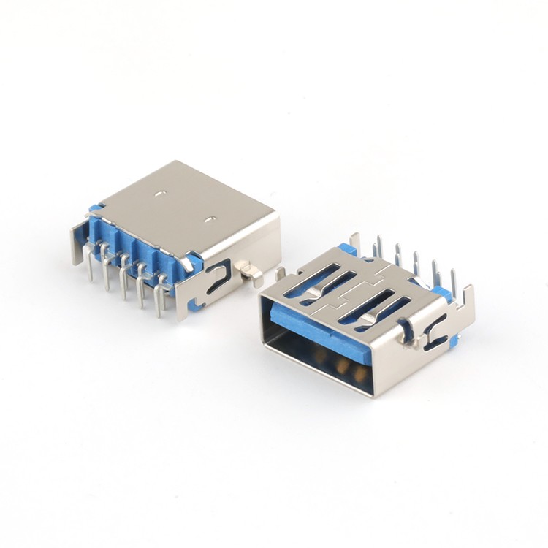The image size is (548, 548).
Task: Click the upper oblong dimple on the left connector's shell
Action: click(x=159, y=194)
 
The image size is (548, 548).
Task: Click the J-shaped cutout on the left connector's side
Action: click(x=217, y=278)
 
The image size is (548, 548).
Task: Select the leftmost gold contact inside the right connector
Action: click(x=319, y=357)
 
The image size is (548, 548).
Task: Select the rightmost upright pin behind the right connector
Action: click(x=454, y=281)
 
